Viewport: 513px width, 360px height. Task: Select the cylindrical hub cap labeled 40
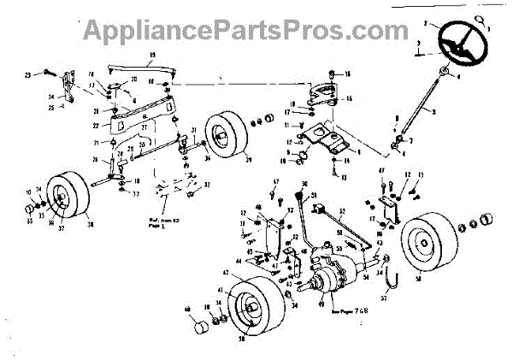[x=202, y=326]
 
